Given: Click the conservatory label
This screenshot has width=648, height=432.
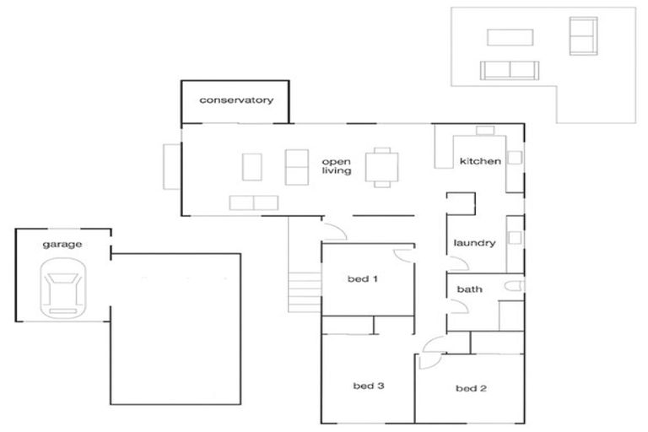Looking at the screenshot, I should tap(236, 100).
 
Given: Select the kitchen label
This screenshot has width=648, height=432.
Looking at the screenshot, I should tap(480, 161).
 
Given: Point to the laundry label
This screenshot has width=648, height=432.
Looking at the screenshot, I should tap(474, 244).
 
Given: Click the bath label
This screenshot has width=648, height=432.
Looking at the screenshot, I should tap(469, 289).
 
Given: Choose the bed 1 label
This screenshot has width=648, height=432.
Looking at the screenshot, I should tap(362, 279).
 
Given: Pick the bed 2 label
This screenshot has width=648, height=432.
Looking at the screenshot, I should tap(472, 389).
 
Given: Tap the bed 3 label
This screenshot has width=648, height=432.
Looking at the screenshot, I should tap(369, 386).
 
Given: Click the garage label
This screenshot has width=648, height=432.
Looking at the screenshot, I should tap(63, 245).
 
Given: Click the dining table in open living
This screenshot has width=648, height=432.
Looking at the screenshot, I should tap(381, 166).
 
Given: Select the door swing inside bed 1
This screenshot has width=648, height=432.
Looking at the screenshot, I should tap(402, 254).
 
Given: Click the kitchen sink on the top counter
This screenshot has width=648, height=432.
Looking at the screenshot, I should tap(484, 130).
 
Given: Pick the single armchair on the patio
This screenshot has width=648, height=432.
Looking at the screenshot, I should tap(581, 35).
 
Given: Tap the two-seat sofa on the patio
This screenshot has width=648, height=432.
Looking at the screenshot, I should tap(509, 69).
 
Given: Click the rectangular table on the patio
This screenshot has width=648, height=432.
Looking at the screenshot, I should tap(510, 38).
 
